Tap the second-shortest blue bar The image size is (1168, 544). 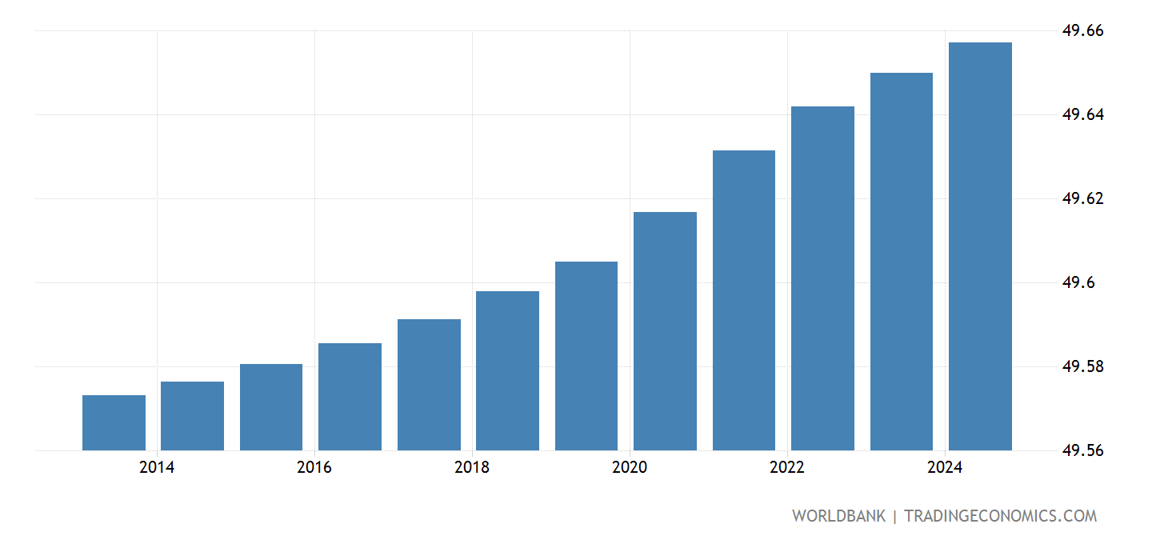click(192, 416)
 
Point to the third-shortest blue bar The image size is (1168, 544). click(271, 407)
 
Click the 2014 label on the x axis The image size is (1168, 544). click(156, 467)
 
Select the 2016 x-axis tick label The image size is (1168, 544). click(314, 467)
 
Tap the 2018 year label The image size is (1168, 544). click(471, 467)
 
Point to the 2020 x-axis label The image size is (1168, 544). click(629, 467)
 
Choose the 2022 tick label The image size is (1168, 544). click(787, 467)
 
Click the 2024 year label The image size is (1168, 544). click(945, 467)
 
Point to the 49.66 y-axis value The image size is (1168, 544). click(1082, 31)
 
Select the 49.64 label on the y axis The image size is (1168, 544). click(1082, 115)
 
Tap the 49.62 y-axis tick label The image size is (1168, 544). click(1082, 199)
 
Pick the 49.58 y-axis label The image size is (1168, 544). click(1082, 367)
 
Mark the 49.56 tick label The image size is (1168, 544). click(1082, 451)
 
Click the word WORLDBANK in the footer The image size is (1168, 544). click(838, 516)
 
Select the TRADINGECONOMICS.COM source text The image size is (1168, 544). click(1000, 516)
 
